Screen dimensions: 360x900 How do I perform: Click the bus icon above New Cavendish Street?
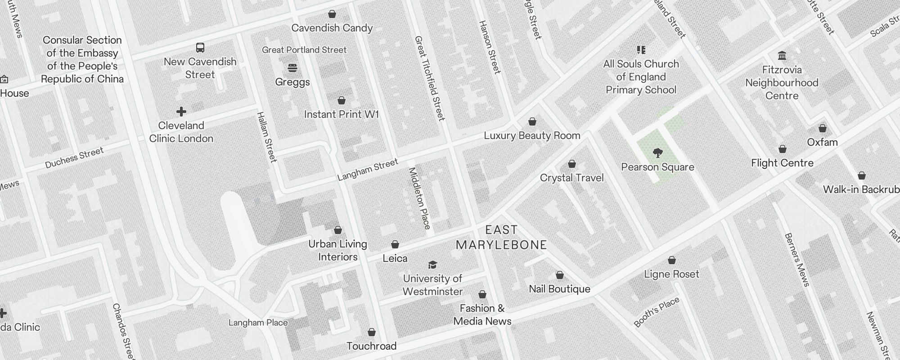click(200, 48)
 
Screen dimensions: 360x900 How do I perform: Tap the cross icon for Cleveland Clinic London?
click(181, 111)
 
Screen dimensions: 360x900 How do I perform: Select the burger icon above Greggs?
click(292, 68)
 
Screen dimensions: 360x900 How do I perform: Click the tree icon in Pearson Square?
click(657, 153)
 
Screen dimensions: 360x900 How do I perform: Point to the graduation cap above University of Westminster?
click(432, 265)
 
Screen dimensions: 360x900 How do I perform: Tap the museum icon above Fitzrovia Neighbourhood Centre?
click(782, 56)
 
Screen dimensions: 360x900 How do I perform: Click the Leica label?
click(395, 258)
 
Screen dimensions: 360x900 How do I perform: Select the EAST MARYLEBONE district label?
click(501, 238)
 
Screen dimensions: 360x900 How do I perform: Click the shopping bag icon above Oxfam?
click(822, 128)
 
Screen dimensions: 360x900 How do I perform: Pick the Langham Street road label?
click(368, 170)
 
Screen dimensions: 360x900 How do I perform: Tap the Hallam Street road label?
click(266, 137)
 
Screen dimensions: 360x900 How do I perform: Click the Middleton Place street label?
click(419, 198)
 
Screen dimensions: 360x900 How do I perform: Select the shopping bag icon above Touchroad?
click(372, 332)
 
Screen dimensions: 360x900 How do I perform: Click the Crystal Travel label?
click(571, 178)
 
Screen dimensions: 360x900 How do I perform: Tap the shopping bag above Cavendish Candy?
click(332, 14)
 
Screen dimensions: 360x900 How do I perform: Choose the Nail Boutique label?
click(559, 289)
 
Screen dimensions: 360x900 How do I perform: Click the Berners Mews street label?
click(796, 260)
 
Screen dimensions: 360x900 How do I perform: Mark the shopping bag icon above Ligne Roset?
click(671, 260)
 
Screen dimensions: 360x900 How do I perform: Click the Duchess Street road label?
click(74, 157)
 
